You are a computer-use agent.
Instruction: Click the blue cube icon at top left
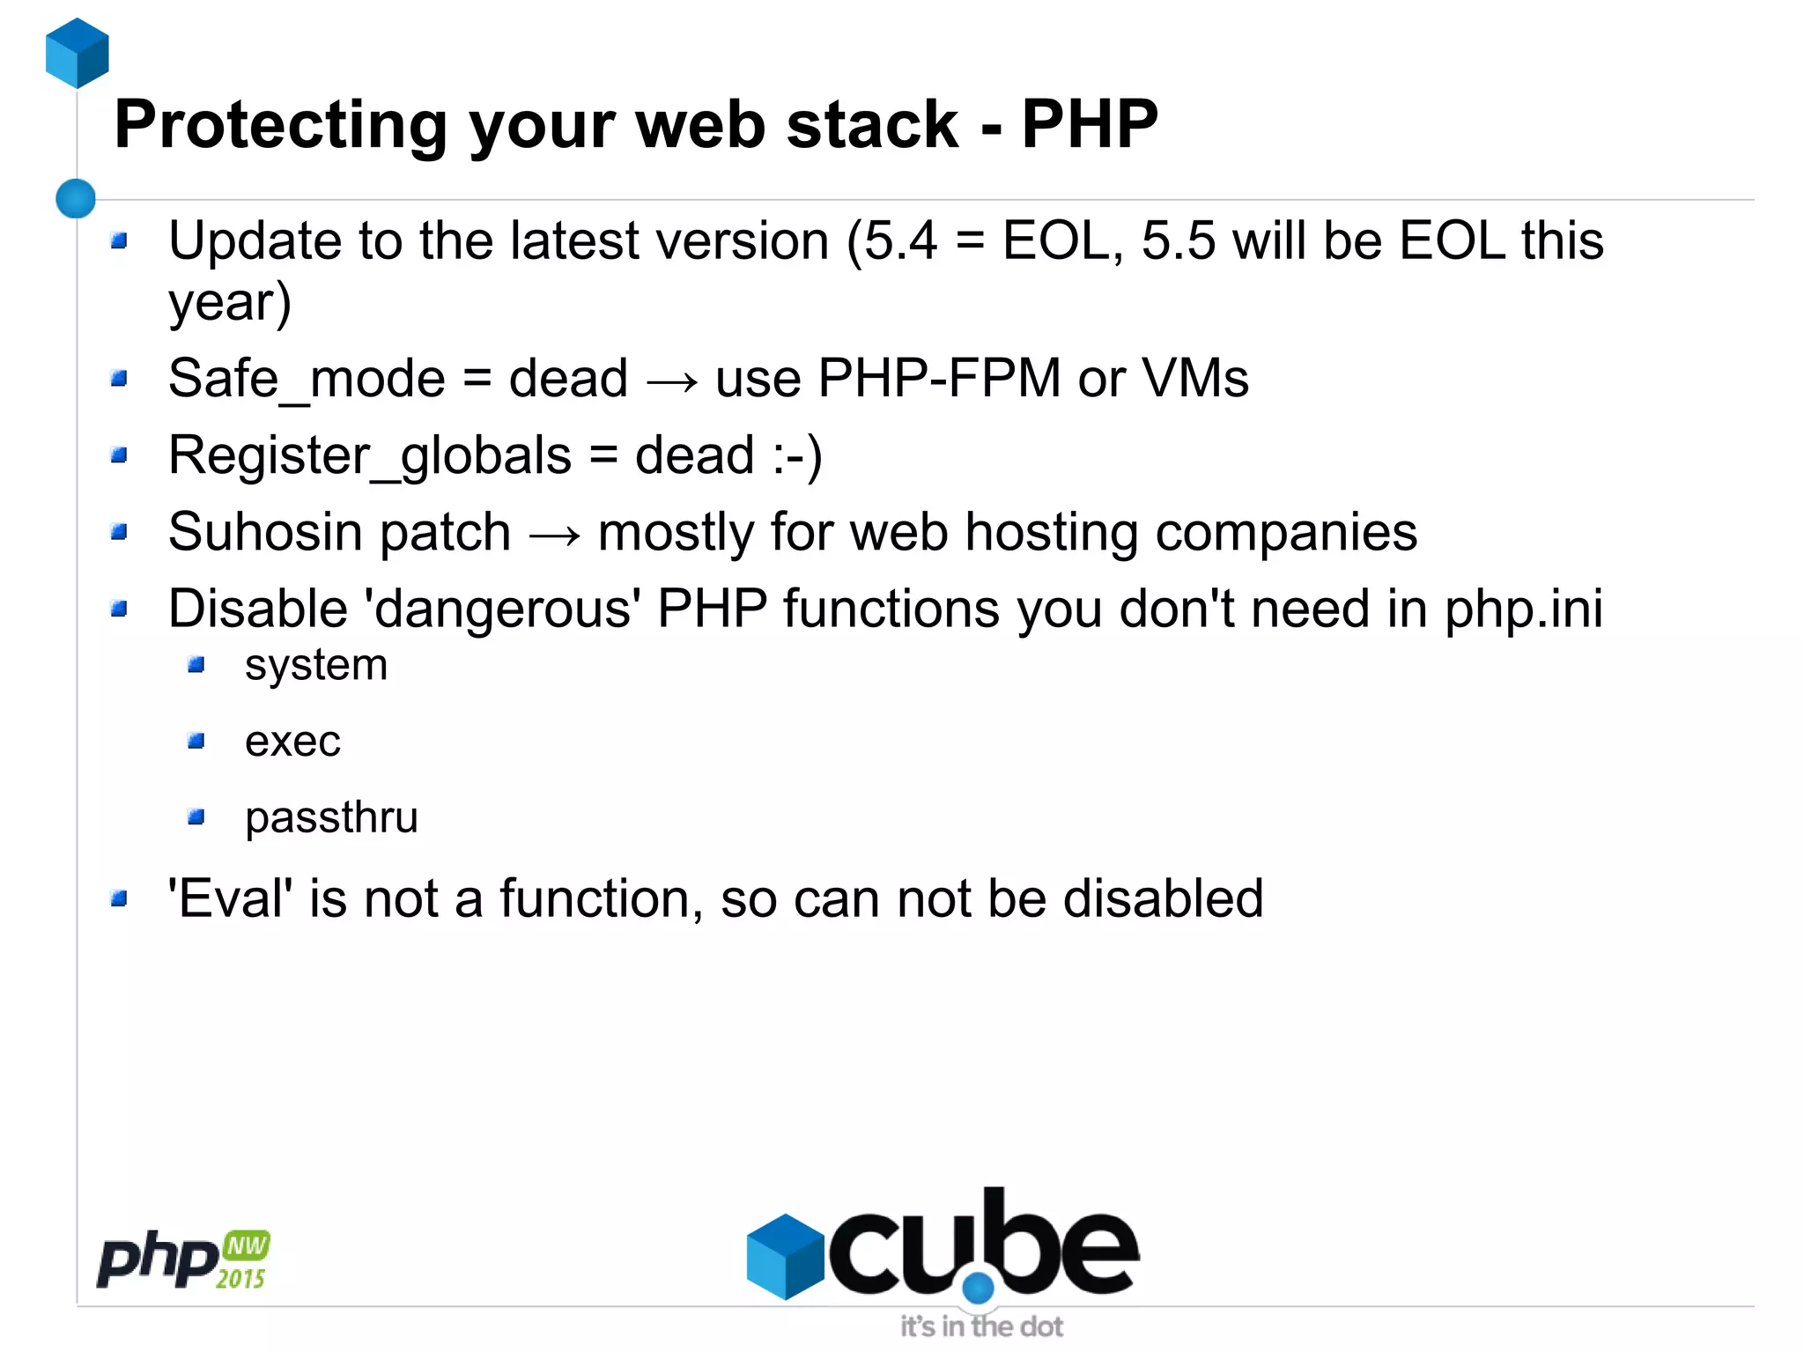[x=78, y=53]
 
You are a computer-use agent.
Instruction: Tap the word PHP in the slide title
[x=1089, y=124]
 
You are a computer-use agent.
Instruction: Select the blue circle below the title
[x=76, y=198]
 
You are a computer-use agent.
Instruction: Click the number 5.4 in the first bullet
[x=900, y=240]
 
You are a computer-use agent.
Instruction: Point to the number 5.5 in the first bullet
[x=1178, y=240]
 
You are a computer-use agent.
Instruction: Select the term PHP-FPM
[x=939, y=379]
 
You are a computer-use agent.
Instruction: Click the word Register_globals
[x=370, y=456]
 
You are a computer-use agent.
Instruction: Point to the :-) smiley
[x=797, y=456]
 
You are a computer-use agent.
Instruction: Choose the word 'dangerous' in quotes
[x=503, y=609]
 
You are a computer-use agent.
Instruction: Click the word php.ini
[x=1523, y=609]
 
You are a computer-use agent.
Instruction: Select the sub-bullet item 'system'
[x=316, y=665]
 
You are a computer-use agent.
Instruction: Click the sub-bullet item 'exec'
[x=292, y=742]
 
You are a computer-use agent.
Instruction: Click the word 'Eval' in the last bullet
[x=231, y=899]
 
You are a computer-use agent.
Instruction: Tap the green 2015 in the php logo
[x=240, y=1279]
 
